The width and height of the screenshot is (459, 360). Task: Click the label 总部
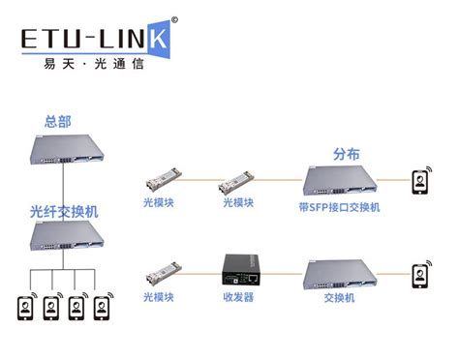coord(58,122)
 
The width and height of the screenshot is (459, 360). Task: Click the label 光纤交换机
coord(64,210)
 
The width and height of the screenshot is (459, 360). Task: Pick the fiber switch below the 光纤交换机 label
coord(65,235)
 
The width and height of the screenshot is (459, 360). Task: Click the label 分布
coord(346,155)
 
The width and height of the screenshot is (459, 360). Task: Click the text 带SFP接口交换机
coord(340,206)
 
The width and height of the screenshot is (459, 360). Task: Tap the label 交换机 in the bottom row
coord(342,297)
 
